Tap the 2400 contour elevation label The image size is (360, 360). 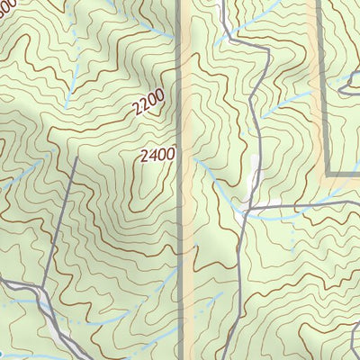pyautogui.click(x=157, y=155)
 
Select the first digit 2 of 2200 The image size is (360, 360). pyautogui.click(x=136, y=114)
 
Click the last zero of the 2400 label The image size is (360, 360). pyautogui.click(x=169, y=154)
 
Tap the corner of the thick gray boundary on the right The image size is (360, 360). pyautogui.click(x=326, y=174)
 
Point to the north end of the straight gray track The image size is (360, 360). pyautogui.click(x=76, y=157)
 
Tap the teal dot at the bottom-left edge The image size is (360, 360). pyautogui.click(x=3, y=354)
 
